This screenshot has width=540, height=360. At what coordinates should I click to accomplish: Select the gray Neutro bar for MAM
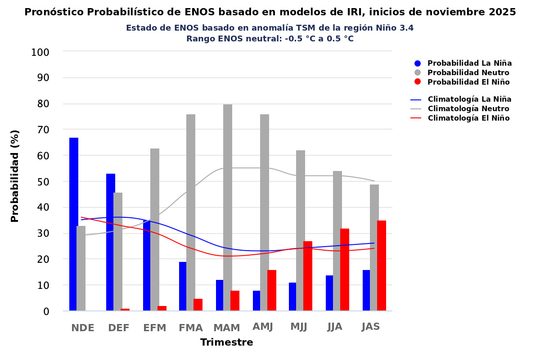pyautogui.click(x=228, y=207)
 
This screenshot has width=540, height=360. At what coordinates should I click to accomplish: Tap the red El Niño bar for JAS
pyautogui.click(x=382, y=265)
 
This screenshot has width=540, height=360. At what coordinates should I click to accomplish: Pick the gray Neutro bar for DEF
pyautogui.click(x=118, y=252)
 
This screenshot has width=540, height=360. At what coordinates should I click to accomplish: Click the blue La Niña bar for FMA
pyautogui.click(x=183, y=286)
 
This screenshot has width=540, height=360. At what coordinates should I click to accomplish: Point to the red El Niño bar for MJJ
pyautogui.click(x=308, y=276)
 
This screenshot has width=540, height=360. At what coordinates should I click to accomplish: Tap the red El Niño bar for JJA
pyautogui.click(x=345, y=270)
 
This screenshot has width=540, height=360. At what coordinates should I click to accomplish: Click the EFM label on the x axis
pyautogui.click(x=155, y=328)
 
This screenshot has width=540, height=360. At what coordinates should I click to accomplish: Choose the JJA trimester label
pyautogui.click(x=335, y=327)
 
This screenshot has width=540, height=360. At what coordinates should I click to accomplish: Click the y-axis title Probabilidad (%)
pyautogui.click(x=15, y=176)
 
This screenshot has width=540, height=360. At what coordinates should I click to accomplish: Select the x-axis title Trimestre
pyautogui.click(x=227, y=342)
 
